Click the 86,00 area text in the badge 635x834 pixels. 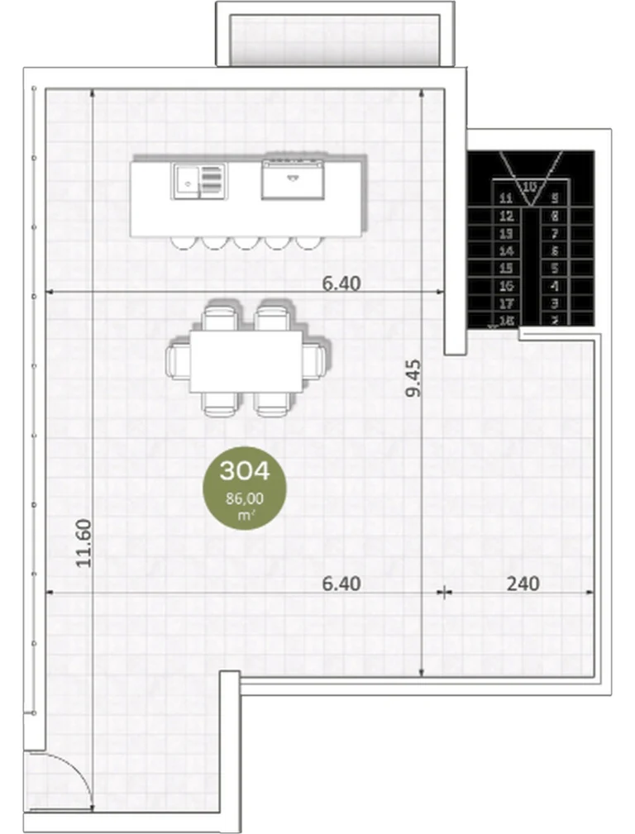(244, 498)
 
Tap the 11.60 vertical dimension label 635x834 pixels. (83, 542)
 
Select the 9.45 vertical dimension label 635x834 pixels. (413, 377)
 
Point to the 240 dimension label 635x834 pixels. (523, 584)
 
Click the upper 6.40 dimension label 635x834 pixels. (341, 284)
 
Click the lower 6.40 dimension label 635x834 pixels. (341, 584)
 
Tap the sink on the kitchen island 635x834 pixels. (187, 180)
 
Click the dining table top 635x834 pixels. (246, 361)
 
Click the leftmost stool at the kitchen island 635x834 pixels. (183, 242)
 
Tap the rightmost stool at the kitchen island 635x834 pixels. (308, 242)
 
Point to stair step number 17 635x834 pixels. (507, 303)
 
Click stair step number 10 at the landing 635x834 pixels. (530, 186)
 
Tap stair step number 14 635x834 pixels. (507, 251)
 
